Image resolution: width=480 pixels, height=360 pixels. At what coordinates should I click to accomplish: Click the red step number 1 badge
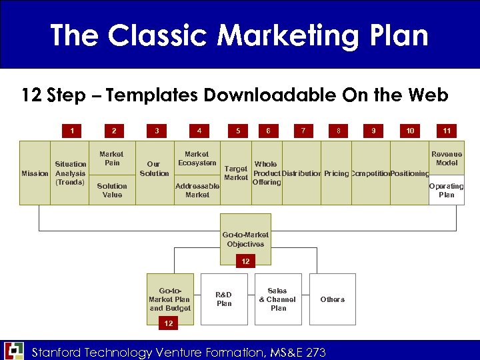tap(72, 131)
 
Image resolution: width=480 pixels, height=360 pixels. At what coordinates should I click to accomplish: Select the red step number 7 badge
tap(303, 131)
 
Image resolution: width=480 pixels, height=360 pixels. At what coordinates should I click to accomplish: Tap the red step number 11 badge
tap(447, 131)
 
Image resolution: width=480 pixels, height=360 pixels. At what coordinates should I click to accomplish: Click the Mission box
tap(35, 173)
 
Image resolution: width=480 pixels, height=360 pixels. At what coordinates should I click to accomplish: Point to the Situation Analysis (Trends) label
tap(70, 173)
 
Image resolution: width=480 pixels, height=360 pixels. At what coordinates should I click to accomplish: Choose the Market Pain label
tap(112, 159)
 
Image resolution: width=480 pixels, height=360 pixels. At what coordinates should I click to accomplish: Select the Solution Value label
tap(112, 190)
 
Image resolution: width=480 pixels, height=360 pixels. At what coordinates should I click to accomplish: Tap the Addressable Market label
tap(197, 190)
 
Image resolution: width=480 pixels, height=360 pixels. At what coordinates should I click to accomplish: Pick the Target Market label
tap(236, 173)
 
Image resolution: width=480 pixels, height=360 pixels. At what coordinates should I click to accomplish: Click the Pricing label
tap(336, 173)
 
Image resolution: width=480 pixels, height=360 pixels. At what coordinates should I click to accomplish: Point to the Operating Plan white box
tap(446, 191)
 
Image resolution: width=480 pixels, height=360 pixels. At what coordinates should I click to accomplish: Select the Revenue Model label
tap(446, 159)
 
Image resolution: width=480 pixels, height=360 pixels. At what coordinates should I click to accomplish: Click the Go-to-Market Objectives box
tap(245, 239)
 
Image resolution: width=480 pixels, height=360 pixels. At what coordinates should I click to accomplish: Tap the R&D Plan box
tap(224, 299)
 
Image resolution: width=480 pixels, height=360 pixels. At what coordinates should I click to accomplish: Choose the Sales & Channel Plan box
tap(278, 299)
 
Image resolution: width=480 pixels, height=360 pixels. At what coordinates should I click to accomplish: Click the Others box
tap(332, 299)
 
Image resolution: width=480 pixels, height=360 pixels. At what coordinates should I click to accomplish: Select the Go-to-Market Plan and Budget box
tap(170, 299)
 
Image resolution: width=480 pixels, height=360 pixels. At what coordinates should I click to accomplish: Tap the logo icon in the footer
tap(13, 351)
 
